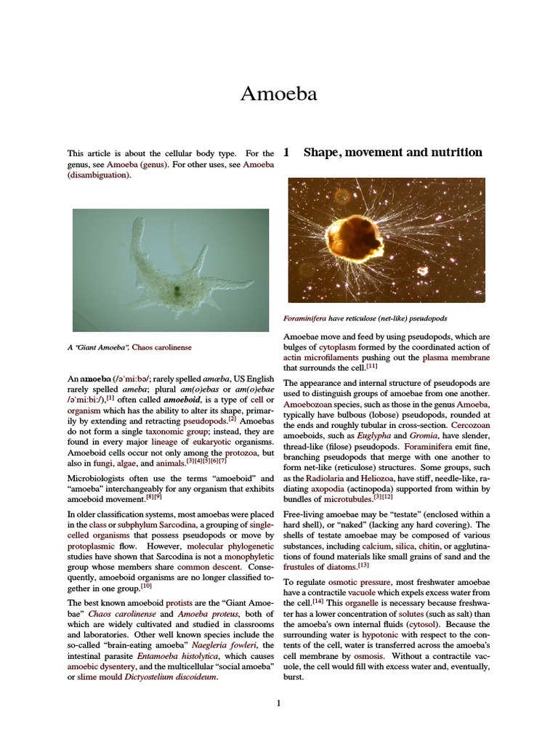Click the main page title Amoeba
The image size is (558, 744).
click(x=279, y=94)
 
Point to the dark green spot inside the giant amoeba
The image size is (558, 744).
click(x=177, y=292)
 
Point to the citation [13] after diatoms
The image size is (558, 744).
click(x=363, y=565)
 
